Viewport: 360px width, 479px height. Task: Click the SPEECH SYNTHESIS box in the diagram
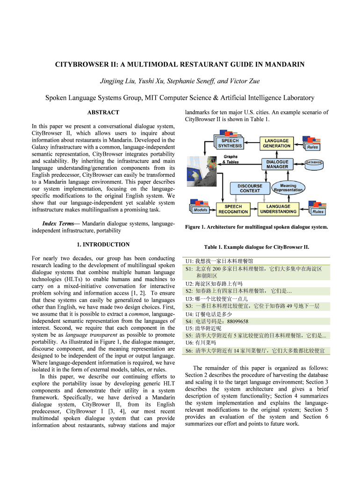[x=229, y=143]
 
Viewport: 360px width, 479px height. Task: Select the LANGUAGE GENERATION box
[x=277, y=143]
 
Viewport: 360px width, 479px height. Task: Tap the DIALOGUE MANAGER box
[x=277, y=164]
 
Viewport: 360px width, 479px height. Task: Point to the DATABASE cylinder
[x=315, y=162]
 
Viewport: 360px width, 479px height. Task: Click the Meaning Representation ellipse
[x=288, y=188]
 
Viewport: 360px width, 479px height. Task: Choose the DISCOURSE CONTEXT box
[x=250, y=188]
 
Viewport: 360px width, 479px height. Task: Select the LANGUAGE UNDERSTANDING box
[x=278, y=209]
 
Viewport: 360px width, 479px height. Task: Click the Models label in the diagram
[x=201, y=210]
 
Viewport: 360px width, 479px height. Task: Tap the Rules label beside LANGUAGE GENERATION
[x=312, y=147]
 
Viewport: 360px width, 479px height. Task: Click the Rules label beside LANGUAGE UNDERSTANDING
[x=318, y=211]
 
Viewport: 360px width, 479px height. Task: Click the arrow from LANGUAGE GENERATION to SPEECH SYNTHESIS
[x=252, y=143]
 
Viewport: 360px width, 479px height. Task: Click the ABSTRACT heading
[x=103, y=113]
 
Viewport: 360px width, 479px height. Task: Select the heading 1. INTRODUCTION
[x=103, y=245]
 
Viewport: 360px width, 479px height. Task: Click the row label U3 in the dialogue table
[x=190, y=298]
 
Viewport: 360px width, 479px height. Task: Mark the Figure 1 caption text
[x=256, y=227]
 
